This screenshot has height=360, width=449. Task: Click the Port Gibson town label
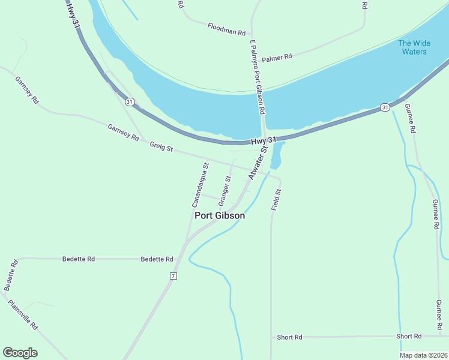(x=220, y=215)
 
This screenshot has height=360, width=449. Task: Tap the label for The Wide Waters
(x=412, y=47)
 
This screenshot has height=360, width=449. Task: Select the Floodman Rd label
(x=227, y=28)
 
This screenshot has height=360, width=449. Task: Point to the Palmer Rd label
(x=277, y=57)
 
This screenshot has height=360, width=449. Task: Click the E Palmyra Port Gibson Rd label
(x=258, y=77)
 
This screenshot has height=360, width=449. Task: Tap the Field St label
(x=277, y=199)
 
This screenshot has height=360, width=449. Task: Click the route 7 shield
(x=173, y=275)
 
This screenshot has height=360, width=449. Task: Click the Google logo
(x=20, y=353)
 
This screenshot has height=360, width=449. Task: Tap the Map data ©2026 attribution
(x=423, y=355)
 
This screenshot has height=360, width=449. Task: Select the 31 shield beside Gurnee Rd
(x=385, y=107)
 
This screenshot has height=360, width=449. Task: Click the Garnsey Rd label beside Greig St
(x=123, y=133)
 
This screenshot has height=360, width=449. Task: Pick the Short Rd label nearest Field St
(x=289, y=337)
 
